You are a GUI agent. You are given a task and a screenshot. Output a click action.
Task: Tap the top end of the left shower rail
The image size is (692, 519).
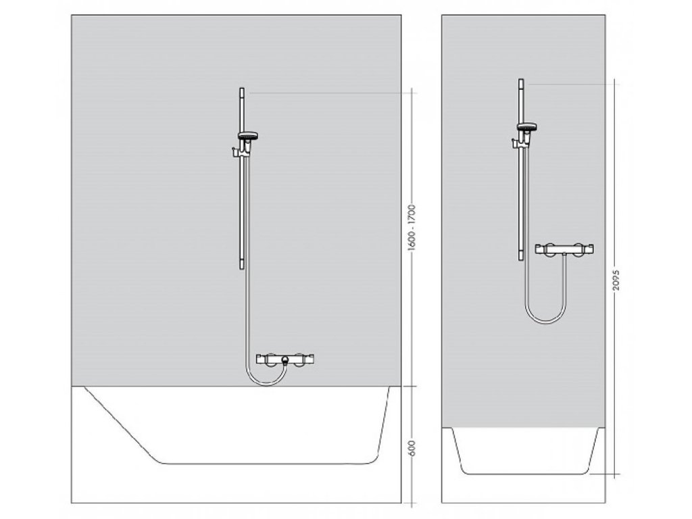[x=241, y=90]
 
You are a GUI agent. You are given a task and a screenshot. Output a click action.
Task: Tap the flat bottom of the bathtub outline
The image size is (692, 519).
[x=264, y=464]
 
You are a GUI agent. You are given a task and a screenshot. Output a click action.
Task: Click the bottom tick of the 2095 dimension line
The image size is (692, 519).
[x=616, y=474]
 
